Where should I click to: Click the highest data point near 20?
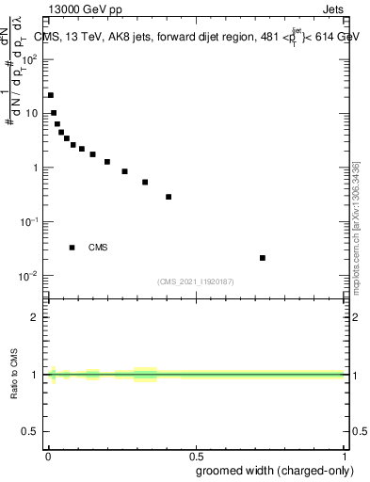coord(51,95)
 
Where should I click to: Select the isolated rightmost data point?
coord(263,258)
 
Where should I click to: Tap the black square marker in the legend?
coord(72,248)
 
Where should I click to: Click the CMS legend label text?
coord(98,248)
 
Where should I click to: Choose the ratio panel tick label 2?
coord(35,317)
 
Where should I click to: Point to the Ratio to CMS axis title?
coord(14,375)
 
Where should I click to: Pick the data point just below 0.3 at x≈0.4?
coord(169,197)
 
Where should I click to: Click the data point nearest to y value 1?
coord(107,162)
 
